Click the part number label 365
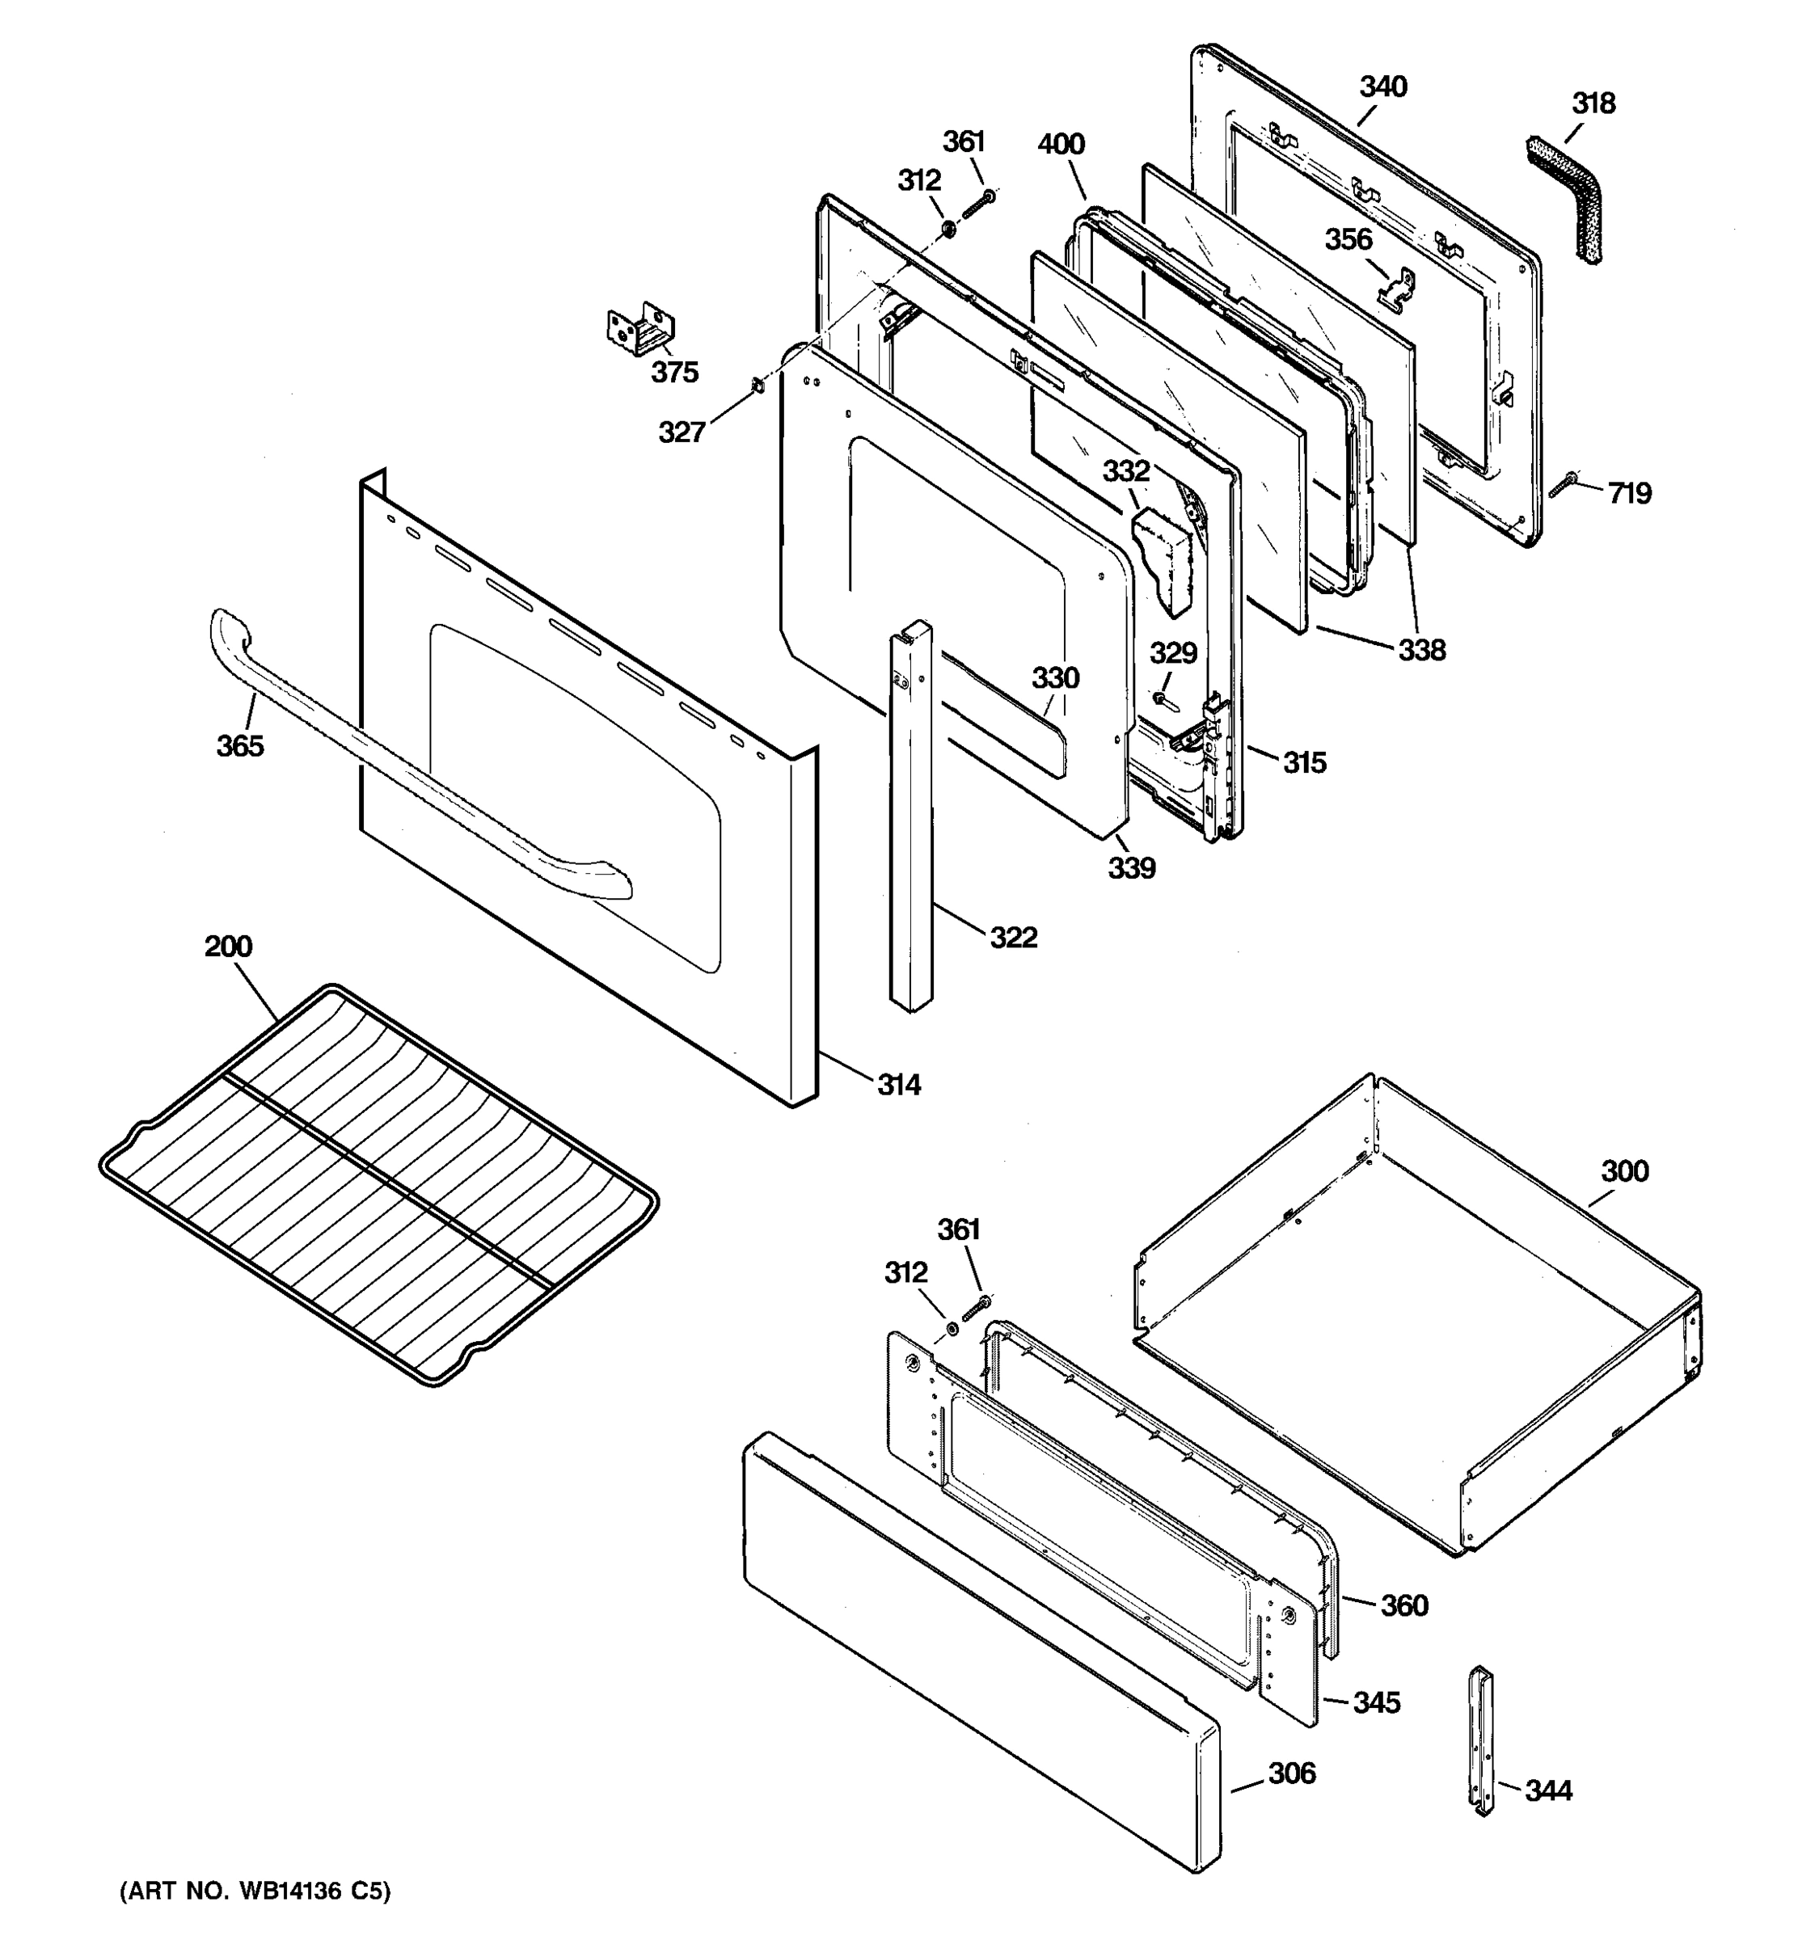click(240, 745)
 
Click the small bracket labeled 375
click(641, 331)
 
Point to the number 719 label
click(1630, 494)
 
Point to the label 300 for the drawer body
click(1625, 1171)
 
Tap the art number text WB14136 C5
click(255, 1891)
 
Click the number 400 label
click(1061, 145)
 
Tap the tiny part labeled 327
click(756, 388)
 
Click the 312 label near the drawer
click(905, 1272)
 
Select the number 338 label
click(1422, 650)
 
